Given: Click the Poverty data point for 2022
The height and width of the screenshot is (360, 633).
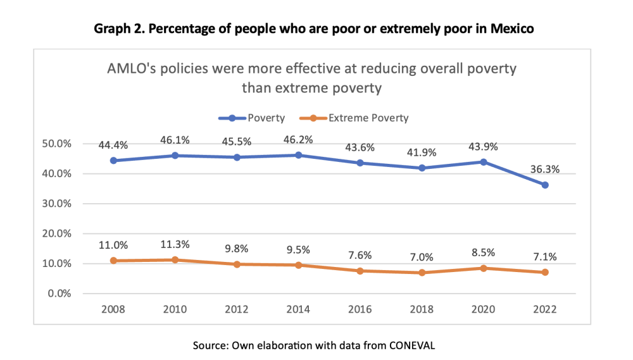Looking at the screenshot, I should pos(544,185).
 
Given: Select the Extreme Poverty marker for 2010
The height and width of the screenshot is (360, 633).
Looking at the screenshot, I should pos(175,259).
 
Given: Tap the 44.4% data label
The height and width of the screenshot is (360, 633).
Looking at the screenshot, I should pos(113,145).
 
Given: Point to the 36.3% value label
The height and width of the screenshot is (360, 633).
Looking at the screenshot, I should pos(545,170).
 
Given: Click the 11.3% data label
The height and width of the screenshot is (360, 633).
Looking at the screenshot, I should pos(175,245).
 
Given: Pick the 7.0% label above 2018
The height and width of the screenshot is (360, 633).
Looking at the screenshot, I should pos(422,258).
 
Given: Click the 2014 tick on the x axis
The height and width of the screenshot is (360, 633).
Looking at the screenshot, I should pos(298,310).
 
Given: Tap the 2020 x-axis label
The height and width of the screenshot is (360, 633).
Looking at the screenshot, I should pos(483,310).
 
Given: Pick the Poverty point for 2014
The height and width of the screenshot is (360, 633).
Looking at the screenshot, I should pos(298,155).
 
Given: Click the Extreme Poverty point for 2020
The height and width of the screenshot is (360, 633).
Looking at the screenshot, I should pos(483,268).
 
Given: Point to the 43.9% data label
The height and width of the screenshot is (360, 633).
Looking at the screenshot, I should pos(483,147).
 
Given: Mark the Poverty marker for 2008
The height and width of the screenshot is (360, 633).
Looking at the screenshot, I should pos(113,160).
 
